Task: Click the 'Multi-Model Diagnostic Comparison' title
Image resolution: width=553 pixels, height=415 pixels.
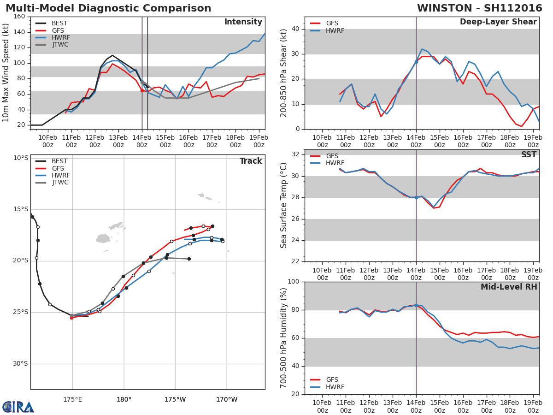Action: tap(108, 8)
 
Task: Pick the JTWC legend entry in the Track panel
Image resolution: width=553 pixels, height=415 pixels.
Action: tap(59, 183)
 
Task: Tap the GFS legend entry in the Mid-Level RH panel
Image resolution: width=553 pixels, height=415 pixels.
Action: tap(332, 380)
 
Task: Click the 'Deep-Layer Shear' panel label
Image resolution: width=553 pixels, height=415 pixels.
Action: tap(498, 22)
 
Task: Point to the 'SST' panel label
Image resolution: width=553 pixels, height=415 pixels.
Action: tap(529, 155)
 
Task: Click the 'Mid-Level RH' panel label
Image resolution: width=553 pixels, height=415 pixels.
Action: tap(509, 287)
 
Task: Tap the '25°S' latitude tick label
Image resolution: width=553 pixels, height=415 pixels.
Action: tap(20, 312)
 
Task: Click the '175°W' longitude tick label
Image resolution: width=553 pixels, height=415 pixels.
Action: tap(175, 399)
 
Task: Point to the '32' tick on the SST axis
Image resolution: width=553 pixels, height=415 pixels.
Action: tap(295, 154)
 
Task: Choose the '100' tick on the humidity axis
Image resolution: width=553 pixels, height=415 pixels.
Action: tap(293, 282)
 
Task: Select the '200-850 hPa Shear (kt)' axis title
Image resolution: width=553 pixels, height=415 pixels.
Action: tap(284, 73)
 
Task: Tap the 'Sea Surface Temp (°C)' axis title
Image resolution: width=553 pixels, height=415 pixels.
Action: tap(284, 206)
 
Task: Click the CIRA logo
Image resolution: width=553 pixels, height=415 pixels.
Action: tap(18, 407)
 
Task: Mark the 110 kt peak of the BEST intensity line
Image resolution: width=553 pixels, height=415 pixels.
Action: tap(112, 55)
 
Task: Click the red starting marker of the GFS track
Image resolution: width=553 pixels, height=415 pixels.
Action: tap(71, 318)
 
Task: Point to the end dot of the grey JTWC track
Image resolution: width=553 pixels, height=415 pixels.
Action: tap(189, 259)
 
